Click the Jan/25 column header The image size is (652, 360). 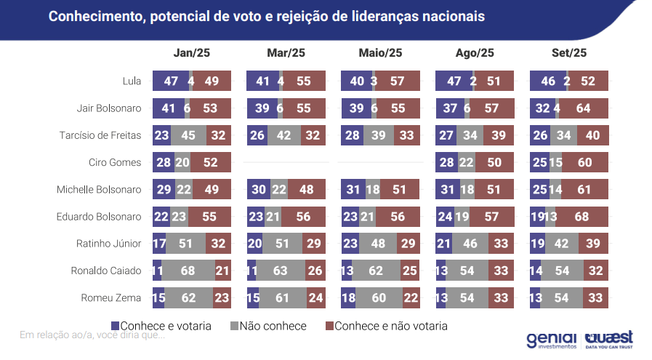(192, 53)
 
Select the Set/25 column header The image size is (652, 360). (569, 53)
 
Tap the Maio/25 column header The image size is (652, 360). (380, 53)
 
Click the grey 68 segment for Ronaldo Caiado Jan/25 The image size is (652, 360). (187, 270)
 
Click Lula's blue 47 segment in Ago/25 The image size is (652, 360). (452, 81)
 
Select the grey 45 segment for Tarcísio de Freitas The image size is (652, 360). (188, 135)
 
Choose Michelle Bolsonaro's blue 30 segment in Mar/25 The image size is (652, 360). (258, 189)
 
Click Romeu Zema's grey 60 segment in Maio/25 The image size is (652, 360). (379, 297)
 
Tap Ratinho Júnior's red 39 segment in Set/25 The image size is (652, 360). (593, 243)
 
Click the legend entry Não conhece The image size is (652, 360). (268, 326)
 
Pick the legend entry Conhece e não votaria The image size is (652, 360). (386, 326)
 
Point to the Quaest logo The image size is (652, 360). (609, 340)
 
